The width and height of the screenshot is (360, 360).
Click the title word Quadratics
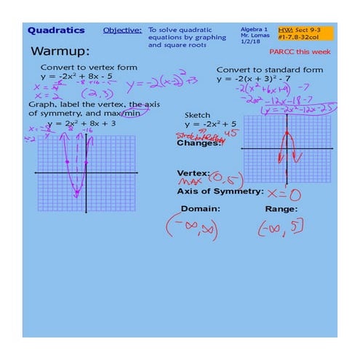pyautogui.click(x=56, y=31)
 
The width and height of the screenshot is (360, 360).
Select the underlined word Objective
pyautogui.click(x=122, y=31)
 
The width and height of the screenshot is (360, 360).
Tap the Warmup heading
pyautogui.click(x=60, y=52)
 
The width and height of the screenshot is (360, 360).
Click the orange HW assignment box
pyautogui.click(x=305, y=33)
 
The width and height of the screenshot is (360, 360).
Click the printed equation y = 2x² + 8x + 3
pyautogui.click(x=82, y=124)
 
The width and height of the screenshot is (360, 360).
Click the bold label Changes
pyautogui.click(x=199, y=143)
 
